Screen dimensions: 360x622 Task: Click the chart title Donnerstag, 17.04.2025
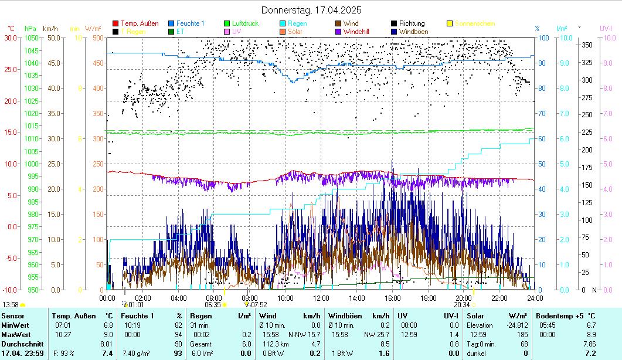coord(311,10)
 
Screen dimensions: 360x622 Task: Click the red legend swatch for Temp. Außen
coord(115,23)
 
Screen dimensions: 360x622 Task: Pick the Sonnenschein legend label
coord(475,23)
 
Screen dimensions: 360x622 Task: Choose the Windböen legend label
coord(413,32)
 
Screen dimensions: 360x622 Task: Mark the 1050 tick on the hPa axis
coord(31,38)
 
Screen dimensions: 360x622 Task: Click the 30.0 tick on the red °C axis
coord(11,38)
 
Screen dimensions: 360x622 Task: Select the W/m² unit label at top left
coord(93,28)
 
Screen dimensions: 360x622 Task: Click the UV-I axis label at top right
coord(606,28)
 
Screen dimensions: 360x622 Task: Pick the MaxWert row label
coord(15,334)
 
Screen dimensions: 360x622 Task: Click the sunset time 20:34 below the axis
coord(462,305)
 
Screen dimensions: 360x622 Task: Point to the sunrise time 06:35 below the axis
coord(213,305)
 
